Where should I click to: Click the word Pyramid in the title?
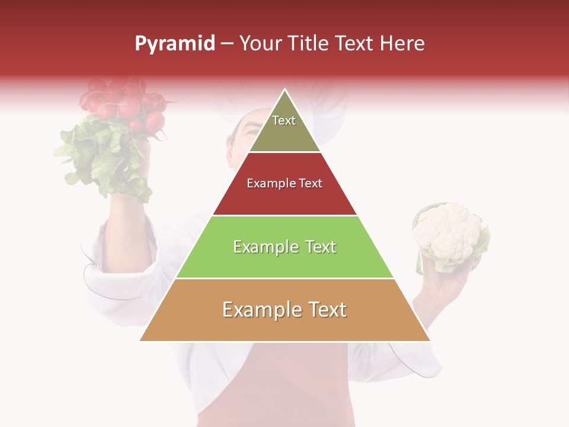(174, 44)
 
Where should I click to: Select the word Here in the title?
(402, 43)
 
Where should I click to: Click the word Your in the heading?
(260, 43)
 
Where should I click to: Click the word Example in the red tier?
(266, 183)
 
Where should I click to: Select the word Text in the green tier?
(317, 247)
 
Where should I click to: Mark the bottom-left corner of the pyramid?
(140, 340)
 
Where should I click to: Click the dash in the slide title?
(227, 44)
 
